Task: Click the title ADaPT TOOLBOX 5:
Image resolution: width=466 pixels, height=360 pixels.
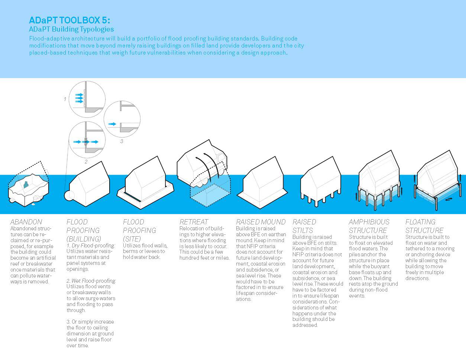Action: click(69, 20)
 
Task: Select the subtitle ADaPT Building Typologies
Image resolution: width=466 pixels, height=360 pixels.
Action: click(71, 29)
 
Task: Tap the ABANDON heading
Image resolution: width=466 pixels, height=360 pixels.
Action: click(26, 222)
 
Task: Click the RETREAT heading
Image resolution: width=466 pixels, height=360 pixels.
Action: click(194, 222)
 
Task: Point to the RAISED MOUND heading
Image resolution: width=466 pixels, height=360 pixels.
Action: click(261, 222)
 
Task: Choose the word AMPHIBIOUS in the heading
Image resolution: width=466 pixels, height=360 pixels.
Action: click(369, 222)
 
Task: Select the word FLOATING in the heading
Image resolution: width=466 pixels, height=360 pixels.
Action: click(420, 222)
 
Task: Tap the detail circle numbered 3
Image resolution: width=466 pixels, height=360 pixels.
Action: click(122, 119)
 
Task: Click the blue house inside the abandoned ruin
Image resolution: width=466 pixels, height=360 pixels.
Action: click(26, 184)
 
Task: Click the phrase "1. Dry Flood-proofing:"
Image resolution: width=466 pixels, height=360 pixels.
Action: click(91, 246)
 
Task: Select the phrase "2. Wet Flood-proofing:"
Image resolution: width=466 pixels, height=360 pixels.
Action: click(91, 280)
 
